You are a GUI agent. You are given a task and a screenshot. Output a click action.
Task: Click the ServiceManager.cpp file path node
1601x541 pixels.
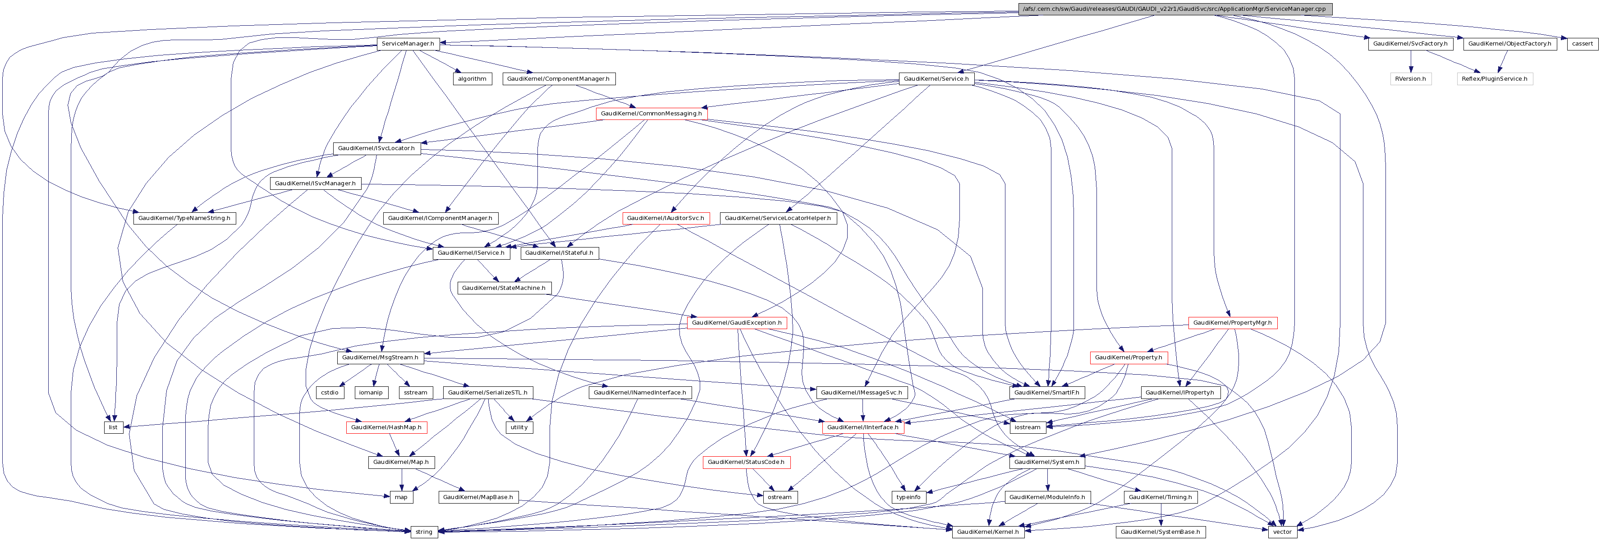pos(1174,9)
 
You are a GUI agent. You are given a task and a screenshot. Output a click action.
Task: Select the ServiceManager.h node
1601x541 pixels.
pos(408,43)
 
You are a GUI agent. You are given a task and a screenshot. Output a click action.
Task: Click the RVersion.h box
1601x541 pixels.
pos(1410,79)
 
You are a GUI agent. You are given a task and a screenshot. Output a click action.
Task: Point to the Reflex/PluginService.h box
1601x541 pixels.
pos(1494,79)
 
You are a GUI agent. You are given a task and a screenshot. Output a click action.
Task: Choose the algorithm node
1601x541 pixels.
pos(472,79)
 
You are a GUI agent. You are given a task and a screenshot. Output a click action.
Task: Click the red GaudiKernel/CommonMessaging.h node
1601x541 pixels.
pos(651,114)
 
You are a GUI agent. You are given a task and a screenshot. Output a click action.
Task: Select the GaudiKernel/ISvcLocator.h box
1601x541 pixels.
pos(376,148)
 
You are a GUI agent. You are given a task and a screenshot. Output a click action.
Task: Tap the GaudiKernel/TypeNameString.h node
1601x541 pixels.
pos(184,218)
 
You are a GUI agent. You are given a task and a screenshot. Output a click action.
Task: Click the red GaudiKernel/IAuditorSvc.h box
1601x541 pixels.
pos(665,218)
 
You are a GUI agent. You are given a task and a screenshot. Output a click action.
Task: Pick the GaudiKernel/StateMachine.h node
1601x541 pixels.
pos(504,288)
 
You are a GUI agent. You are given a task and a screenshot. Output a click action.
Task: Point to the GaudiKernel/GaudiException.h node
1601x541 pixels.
pos(737,322)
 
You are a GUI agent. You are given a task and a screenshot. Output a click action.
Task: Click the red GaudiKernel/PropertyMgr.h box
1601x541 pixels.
pos(1232,322)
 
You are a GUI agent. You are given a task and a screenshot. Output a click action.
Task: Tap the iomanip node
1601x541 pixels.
pos(371,392)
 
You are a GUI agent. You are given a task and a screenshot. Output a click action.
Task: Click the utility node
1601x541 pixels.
pos(518,426)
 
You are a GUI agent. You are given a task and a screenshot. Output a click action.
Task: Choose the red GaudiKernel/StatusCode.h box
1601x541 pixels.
pos(746,462)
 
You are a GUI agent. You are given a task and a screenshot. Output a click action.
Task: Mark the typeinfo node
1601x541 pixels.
pos(908,497)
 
